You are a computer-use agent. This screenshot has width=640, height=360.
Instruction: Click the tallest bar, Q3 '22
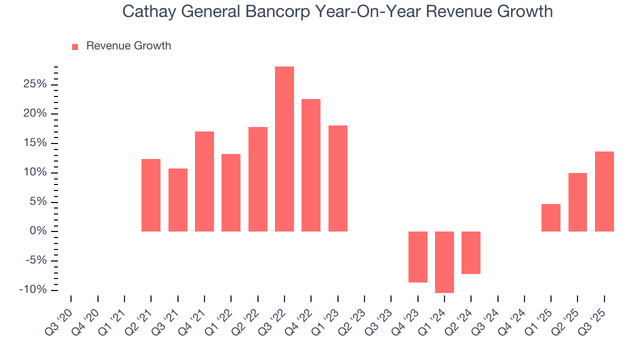[284, 149]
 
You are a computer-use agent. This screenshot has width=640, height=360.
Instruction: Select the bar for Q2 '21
[151, 195]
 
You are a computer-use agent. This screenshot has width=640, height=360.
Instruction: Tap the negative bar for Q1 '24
[444, 262]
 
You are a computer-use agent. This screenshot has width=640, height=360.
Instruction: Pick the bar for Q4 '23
[418, 257]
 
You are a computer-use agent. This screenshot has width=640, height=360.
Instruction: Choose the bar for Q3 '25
[604, 191]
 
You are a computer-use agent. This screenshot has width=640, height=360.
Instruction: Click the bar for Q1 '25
[551, 217]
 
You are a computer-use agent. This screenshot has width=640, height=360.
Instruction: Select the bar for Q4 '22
[311, 165]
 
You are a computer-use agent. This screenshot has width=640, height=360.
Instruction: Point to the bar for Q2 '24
[471, 252]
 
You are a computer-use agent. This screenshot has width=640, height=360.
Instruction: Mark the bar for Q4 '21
[204, 181]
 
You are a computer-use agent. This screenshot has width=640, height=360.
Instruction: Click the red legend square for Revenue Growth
[75, 47]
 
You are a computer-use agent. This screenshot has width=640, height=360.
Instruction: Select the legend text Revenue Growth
[128, 46]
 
